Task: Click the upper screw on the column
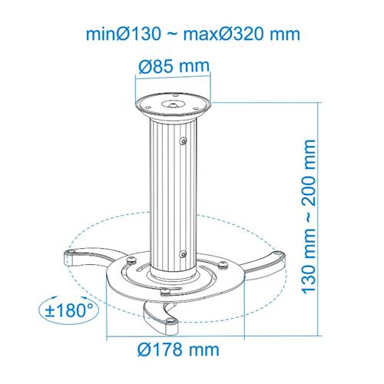pyautogui.click(x=184, y=141)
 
